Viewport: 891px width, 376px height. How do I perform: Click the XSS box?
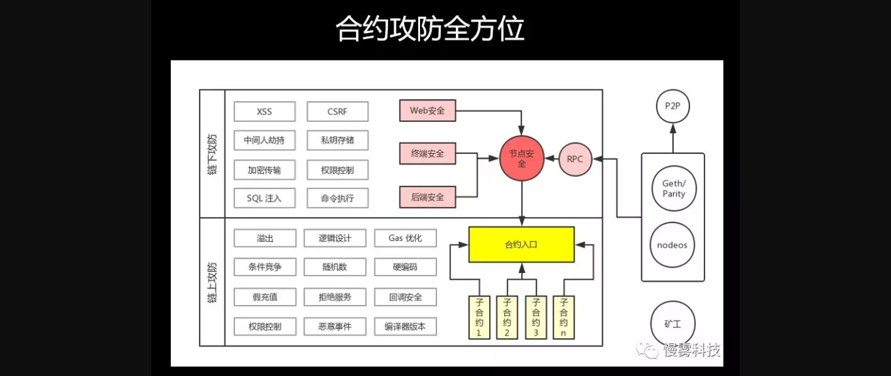[x=264, y=111]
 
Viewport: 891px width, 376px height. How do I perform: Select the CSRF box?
[x=337, y=111]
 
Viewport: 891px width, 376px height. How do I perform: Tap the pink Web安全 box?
[x=427, y=111]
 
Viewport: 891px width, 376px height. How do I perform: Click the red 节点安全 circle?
[x=522, y=159]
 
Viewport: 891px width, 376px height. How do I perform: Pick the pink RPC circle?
[x=575, y=159]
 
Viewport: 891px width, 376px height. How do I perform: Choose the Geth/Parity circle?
[x=674, y=189]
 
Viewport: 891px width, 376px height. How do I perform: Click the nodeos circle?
[x=672, y=246]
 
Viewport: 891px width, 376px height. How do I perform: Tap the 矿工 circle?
[x=672, y=323]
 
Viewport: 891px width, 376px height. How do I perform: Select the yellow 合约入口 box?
[x=521, y=245]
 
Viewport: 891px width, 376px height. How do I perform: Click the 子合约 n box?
[x=564, y=317]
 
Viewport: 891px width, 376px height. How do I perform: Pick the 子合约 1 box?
[x=479, y=317]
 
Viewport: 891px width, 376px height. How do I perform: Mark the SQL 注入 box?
[x=264, y=198]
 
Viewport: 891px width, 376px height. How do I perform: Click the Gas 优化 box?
[x=405, y=239]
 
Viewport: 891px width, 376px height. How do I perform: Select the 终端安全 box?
[x=427, y=154]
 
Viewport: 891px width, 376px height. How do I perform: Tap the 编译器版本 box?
[x=405, y=326]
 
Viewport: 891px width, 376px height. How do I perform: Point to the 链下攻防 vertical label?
[x=212, y=154]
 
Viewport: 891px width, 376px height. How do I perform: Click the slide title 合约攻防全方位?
[x=430, y=29]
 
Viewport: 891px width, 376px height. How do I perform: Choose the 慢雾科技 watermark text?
[x=691, y=351]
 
